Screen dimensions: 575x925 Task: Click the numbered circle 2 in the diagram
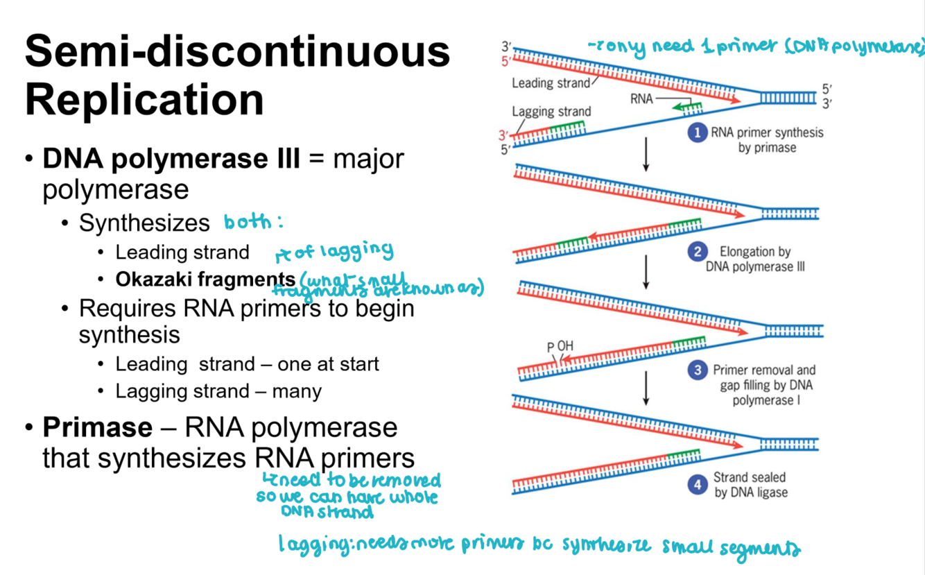tap(698, 252)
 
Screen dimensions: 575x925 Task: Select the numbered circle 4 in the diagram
tap(698, 484)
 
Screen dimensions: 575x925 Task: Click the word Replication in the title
tap(144, 100)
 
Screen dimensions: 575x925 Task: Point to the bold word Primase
tap(97, 427)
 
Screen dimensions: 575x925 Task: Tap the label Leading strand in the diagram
tap(551, 84)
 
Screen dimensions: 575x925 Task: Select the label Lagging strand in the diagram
tap(551, 112)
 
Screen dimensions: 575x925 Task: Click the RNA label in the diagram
tap(641, 99)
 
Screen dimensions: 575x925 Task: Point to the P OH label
tap(560, 347)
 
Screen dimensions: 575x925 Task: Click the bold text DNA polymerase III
tap(171, 159)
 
